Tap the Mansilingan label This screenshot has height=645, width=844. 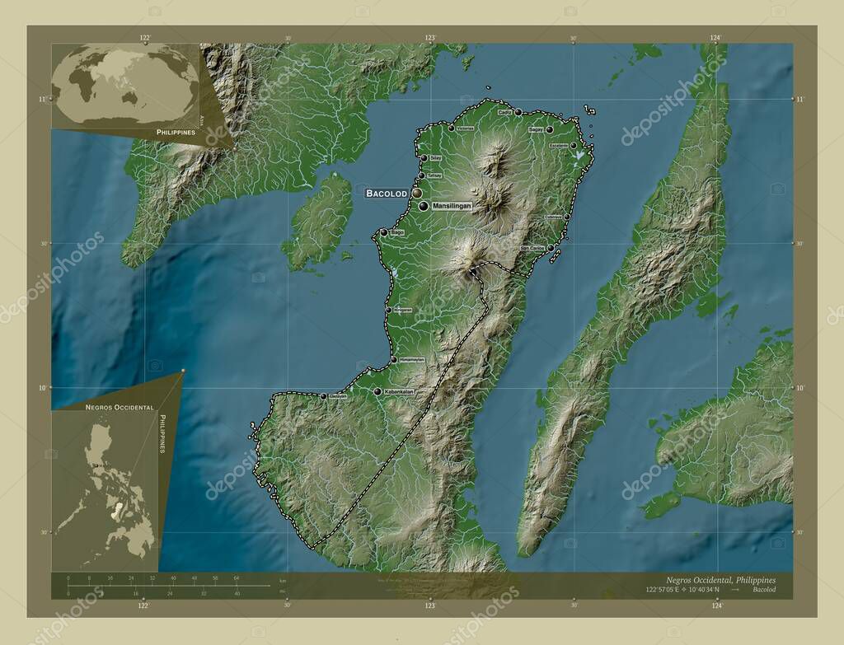tap(451, 206)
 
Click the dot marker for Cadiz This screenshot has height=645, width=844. tap(518, 112)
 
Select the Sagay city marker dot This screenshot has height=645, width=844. tap(549, 129)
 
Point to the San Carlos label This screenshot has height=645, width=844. tap(532, 247)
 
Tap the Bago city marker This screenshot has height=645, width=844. tap(383, 233)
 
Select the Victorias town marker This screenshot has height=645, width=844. tap(450, 129)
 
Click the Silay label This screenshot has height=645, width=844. tap(436, 158)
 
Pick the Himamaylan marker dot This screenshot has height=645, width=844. tap(392, 360)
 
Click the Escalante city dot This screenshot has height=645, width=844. tap(573, 146)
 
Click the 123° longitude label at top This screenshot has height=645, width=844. tap(430, 38)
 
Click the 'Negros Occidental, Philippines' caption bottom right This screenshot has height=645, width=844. tap(715, 580)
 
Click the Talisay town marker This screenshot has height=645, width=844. tap(421, 175)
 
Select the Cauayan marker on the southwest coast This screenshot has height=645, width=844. tap(323, 396)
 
